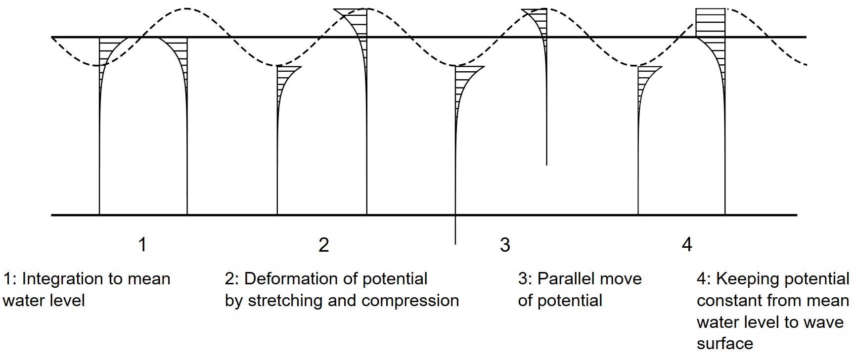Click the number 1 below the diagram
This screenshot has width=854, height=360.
coord(142,245)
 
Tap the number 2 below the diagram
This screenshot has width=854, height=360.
coord(324,245)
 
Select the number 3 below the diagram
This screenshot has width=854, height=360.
coord(505,245)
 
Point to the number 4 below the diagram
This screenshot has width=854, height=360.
coord(687,244)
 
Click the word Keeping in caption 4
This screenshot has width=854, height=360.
coord(739,279)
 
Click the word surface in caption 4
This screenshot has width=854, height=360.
coord(725,343)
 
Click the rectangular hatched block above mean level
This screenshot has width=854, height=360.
coord(710,23)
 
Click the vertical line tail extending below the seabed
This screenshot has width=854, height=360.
coord(455,230)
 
